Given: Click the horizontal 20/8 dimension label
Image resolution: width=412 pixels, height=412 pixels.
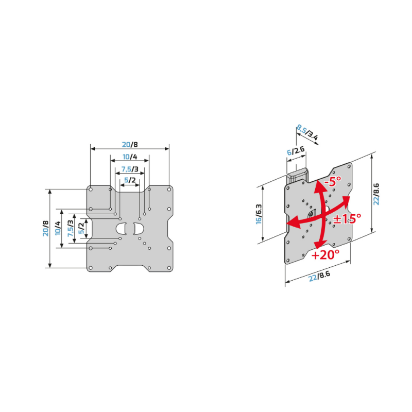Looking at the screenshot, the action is (130, 145).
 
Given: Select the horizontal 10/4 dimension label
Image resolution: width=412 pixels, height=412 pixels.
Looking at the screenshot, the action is (130, 157).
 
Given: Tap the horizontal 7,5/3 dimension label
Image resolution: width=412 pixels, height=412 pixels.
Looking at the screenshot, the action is (130, 169).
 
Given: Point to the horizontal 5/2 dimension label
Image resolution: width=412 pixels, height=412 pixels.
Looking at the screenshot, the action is (130, 180).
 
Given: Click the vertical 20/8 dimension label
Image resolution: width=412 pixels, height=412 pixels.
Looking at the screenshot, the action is (46, 228).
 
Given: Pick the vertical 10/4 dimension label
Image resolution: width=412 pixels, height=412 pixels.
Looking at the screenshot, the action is (58, 228).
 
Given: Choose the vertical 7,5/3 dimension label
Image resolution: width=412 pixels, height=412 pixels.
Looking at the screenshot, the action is (71, 228).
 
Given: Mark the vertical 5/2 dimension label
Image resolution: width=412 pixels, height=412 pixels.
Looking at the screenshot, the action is (81, 228).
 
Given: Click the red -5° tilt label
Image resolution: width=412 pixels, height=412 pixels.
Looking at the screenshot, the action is (333, 181).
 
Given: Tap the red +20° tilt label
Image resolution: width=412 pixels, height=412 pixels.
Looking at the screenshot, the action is (325, 254).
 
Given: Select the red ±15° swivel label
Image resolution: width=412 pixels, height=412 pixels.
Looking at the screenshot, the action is (347, 218).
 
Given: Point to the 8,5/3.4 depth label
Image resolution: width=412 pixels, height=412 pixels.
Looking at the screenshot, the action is (307, 132).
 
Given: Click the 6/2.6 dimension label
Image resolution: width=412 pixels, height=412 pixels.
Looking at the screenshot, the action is (296, 151).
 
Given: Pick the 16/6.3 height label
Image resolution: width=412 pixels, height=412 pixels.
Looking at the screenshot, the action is (259, 214).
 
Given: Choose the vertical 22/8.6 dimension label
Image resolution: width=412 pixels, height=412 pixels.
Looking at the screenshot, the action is (376, 194).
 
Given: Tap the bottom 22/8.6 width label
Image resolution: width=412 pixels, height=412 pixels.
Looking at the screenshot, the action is (319, 277).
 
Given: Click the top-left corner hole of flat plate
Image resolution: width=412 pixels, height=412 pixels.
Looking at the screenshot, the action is (91, 189).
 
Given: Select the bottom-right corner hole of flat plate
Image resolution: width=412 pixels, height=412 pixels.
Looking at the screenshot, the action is (169, 268).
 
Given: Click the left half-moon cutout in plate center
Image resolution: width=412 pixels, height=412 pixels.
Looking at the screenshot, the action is (122, 229).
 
